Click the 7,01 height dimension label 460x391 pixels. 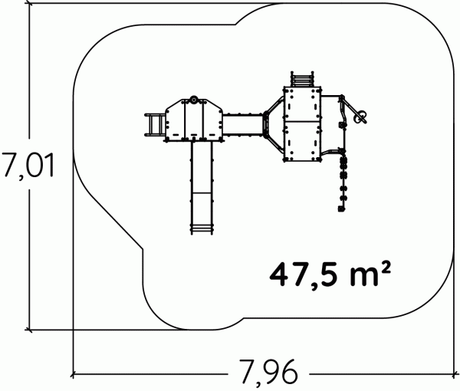coord(28,166)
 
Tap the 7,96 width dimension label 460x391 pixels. coord(268,373)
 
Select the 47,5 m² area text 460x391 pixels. coord(330,274)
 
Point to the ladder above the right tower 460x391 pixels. coord(301,79)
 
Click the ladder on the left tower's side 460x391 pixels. coord(155,125)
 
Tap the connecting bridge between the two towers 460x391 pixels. coord(242,125)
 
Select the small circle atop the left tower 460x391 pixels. coord(194,100)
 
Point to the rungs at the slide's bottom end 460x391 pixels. coord(202,228)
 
